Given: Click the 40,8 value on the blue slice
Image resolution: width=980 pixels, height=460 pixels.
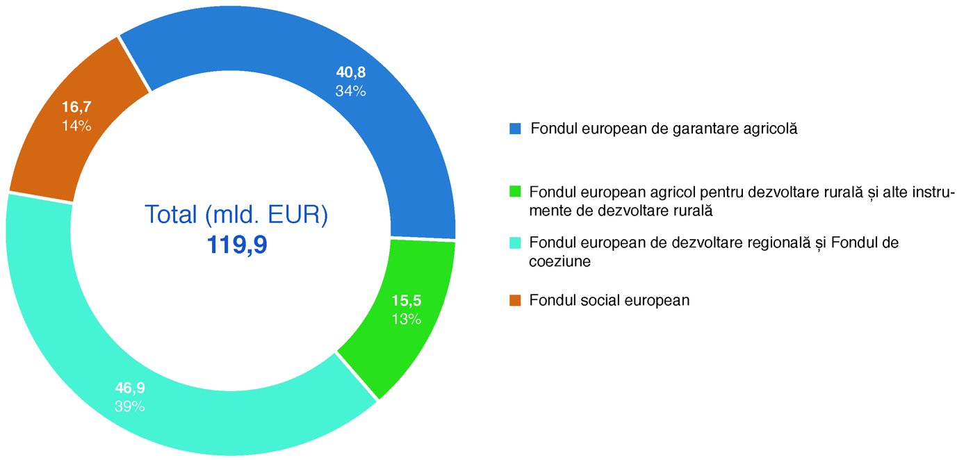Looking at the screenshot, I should [351, 72].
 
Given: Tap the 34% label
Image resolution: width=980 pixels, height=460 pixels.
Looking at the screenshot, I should [350, 90].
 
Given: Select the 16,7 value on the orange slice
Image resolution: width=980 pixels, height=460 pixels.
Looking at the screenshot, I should [76, 108].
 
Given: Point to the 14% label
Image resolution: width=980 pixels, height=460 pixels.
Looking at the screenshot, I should [76, 126].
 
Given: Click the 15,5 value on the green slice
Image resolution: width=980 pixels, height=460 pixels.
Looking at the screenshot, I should [407, 302].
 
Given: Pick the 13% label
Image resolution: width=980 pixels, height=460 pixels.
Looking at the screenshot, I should [406, 319].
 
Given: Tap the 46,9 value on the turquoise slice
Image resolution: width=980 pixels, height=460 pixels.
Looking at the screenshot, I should [130, 388].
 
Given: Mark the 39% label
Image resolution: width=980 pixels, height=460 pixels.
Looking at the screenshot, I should [130, 406].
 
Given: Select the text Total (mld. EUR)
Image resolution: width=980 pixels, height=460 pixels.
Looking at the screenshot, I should [236, 214].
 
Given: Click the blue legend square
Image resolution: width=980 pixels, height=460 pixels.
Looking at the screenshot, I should [515, 129].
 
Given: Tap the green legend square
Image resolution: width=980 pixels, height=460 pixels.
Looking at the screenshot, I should [515, 190].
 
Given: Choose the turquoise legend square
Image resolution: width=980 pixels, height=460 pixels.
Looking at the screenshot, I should [515, 243].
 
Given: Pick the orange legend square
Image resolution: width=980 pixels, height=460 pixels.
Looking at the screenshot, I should [515, 300].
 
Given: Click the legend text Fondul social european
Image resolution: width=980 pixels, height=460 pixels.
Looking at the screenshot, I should [610, 300].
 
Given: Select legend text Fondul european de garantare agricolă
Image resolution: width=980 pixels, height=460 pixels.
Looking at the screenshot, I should [664, 129].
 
